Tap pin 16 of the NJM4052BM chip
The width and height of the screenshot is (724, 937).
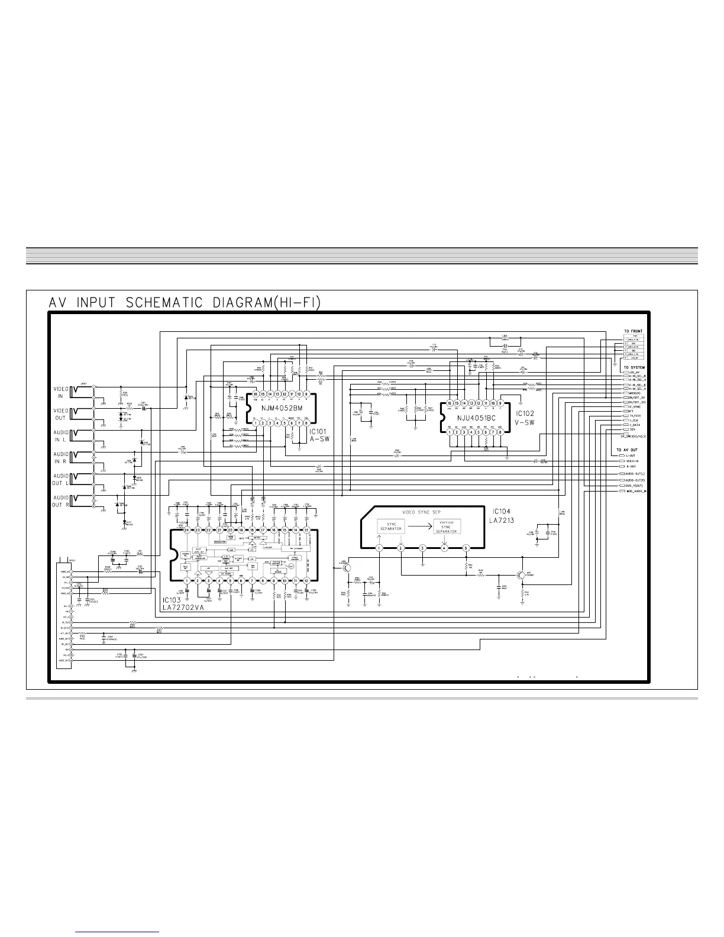coord(256,394)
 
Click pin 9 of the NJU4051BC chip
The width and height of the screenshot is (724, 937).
coord(500,403)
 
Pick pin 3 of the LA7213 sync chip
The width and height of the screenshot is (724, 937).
coord(422,548)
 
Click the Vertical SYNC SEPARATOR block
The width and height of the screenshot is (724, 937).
coord(446,527)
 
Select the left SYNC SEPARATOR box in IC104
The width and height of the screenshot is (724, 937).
coord(392,526)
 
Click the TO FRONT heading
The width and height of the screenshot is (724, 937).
coord(633,331)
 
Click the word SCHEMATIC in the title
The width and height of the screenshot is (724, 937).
coord(160,303)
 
